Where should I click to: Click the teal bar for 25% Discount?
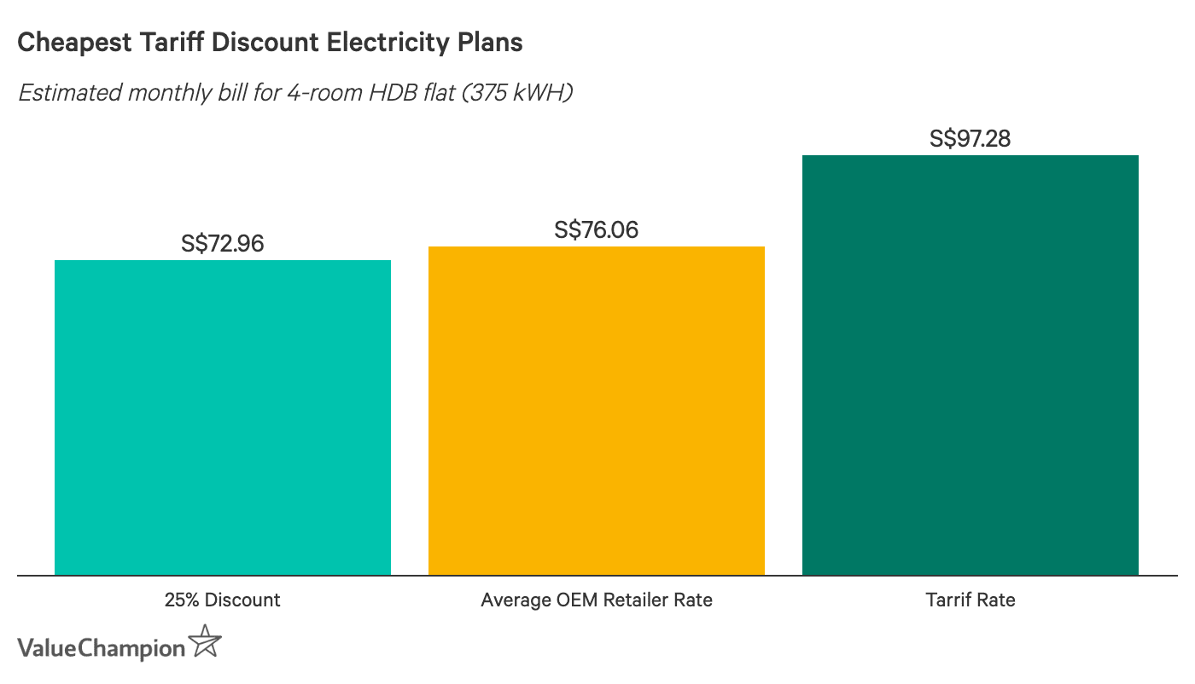click(x=223, y=417)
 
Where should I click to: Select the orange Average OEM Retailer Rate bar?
click(x=597, y=410)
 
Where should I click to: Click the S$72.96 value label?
click(x=223, y=244)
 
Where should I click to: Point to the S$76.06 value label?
click(x=597, y=230)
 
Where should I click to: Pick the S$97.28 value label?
click(x=971, y=139)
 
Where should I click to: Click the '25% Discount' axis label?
click(x=223, y=600)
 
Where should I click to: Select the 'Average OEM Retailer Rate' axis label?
click(x=597, y=600)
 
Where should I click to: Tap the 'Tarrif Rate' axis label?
click(x=971, y=600)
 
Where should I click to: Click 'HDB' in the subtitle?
click(x=387, y=93)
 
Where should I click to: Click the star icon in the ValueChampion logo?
click(x=205, y=642)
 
